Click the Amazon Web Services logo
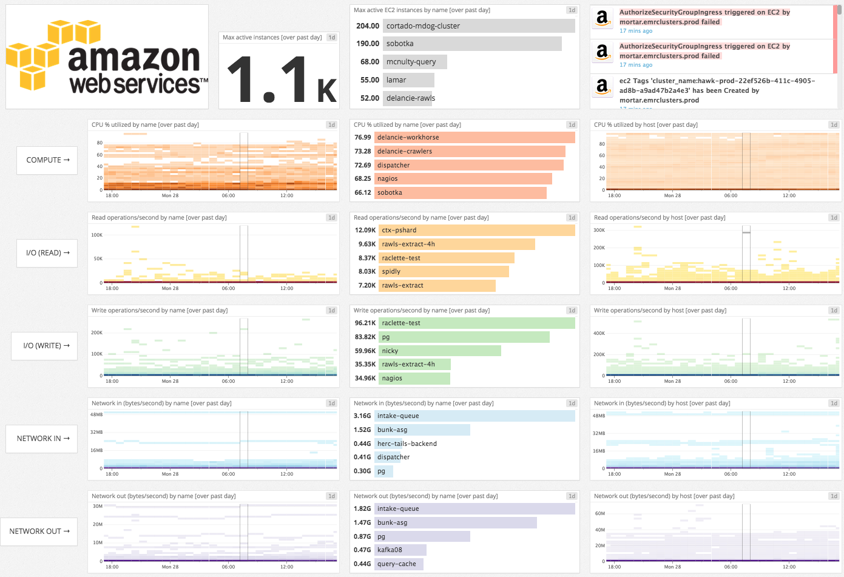coord(107,57)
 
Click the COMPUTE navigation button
coord(47,160)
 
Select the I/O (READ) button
coord(47,253)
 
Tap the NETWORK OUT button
coord(39,531)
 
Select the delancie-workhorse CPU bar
coord(474,138)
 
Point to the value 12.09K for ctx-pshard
coord(365,231)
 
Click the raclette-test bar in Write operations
coord(476,323)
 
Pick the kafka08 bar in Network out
coord(400,550)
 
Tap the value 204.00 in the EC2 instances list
coord(368,26)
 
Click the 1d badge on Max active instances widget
coord(331,38)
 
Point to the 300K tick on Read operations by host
coord(599,231)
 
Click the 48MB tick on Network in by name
coord(96,415)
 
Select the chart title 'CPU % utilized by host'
coord(646,125)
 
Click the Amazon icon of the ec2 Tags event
coord(602,86)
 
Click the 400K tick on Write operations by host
coord(599,334)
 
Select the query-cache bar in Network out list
coord(399,564)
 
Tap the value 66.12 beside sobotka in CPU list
coord(363,193)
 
